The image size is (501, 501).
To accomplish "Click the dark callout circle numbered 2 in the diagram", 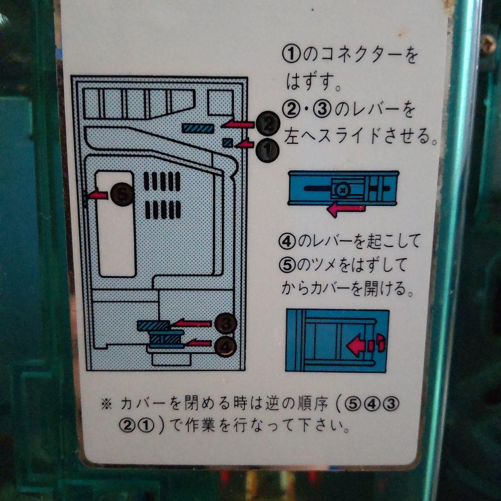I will pos(268,124).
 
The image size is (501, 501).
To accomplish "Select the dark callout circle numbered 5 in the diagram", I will pos(121,194).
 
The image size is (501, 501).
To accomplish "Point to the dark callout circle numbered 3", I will pos(226,324).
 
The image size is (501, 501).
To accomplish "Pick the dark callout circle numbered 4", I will pos(226,345).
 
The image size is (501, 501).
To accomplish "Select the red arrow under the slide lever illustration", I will pos(346,209).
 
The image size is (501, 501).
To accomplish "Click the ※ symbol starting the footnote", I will pos(106,404).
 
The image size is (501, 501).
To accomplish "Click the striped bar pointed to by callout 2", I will pos(198,128).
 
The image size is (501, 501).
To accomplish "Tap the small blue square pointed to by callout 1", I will pos(228,143).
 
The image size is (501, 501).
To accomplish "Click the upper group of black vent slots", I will pos(162,181).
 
